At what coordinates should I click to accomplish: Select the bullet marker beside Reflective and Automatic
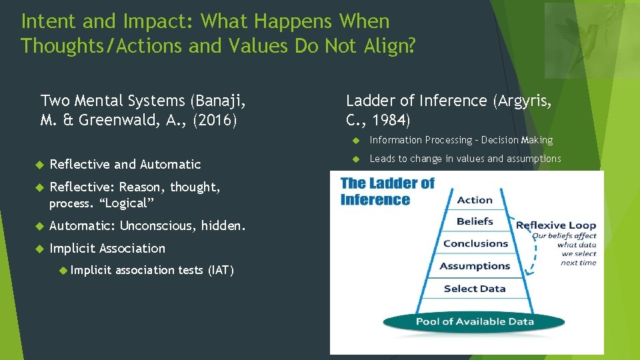pos(39,165)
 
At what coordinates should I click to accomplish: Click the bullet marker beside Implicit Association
pos(39,249)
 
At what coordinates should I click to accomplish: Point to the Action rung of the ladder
pos(475,200)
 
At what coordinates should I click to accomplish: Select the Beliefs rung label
pos(475,221)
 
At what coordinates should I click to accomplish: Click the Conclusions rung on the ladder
pos(475,243)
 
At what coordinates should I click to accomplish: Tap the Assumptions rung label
pos(475,266)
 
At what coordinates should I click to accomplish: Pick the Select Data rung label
pos(475,289)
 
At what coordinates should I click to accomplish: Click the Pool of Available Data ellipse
pos(475,321)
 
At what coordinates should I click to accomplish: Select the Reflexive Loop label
pos(556,225)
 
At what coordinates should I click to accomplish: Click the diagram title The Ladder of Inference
pos(387,191)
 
